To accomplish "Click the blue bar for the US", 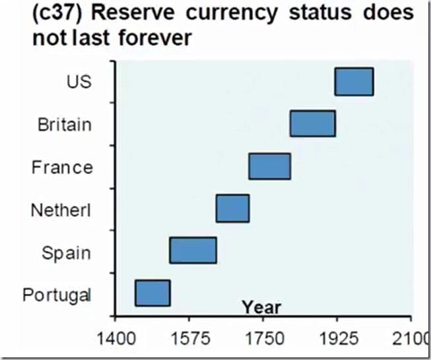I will click(354, 81).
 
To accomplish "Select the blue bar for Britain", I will click(313, 124).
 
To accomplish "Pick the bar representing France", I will click(269, 166).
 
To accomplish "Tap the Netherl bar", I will click(232, 208).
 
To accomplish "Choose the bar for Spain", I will click(193, 250).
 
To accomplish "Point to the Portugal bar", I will click(152, 293).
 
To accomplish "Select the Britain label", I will click(64, 124).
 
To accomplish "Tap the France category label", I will click(62, 167).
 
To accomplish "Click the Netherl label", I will click(61, 211).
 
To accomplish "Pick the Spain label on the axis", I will click(66, 253).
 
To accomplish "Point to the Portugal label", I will click(57, 295).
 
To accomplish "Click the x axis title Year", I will click(261, 307).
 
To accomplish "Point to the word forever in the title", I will click(154, 38).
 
